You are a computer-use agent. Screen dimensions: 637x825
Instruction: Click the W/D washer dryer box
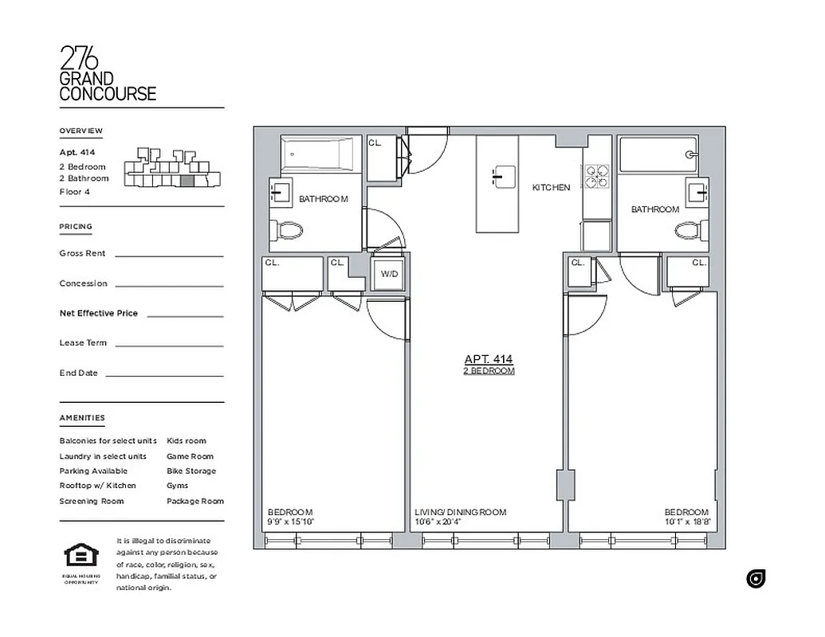click(x=389, y=274)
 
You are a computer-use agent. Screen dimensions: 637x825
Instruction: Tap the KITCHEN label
click(x=551, y=188)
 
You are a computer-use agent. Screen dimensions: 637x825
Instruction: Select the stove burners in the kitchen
click(x=595, y=177)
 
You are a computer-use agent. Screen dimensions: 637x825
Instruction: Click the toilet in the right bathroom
click(x=689, y=231)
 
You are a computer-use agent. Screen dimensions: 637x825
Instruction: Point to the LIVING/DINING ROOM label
click(x=460, y=513)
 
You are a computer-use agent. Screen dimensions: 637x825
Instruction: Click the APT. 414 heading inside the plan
click(x=489, y=359)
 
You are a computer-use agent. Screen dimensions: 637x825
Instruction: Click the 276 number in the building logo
click(x=80, y=58)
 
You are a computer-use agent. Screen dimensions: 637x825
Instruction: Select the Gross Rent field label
click(x=82, y=253)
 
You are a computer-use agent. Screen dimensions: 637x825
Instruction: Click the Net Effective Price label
click(x=98, y=313)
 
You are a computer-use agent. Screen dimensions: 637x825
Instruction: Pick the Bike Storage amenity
click(x=191, y=471)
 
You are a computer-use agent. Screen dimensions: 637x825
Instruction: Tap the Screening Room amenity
click(x=91, y=501)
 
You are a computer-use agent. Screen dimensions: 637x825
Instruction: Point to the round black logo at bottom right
click(x=756, y=579)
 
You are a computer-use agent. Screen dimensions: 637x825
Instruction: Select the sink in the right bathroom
click(x=697, y=190)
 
